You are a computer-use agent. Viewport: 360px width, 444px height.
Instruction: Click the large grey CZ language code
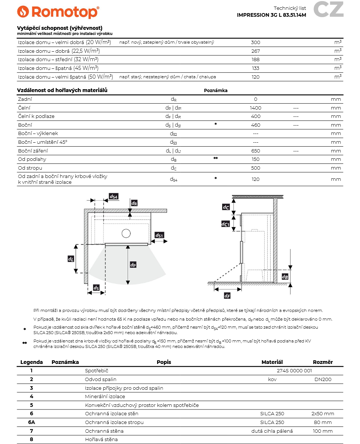tap(328, 9)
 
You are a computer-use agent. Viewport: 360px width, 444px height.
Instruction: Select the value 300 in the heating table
tap(256, 43)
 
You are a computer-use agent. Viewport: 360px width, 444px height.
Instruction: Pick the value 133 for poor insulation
tap(256, 68)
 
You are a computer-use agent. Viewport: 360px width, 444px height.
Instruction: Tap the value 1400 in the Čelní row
tap(256, 108)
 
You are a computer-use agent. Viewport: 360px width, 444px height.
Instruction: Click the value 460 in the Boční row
tap(256, 125)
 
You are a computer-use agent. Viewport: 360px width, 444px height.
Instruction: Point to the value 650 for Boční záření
tap(256, 151)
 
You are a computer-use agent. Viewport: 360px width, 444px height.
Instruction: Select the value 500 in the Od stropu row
tap(256, 168)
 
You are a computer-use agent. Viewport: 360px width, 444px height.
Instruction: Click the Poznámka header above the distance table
tap(216, 91)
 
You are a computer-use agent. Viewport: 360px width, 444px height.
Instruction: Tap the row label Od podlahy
tap(32, 159)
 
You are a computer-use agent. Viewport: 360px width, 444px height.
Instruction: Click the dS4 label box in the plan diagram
tap(114, 197)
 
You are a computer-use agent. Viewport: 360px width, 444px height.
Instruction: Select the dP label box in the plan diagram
tap(133, 265)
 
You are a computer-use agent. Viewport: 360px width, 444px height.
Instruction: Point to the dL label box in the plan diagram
tap(71, 259)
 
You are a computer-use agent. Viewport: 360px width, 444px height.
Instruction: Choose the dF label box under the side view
tap(227, 296)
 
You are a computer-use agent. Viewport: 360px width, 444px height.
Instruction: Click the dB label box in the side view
tap(285, 277)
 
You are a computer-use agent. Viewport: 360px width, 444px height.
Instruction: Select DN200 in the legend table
tap(323, 380)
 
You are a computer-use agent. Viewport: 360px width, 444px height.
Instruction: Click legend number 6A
tap(32, 423)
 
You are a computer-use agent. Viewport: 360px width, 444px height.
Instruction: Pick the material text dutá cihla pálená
tap(272, 431)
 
